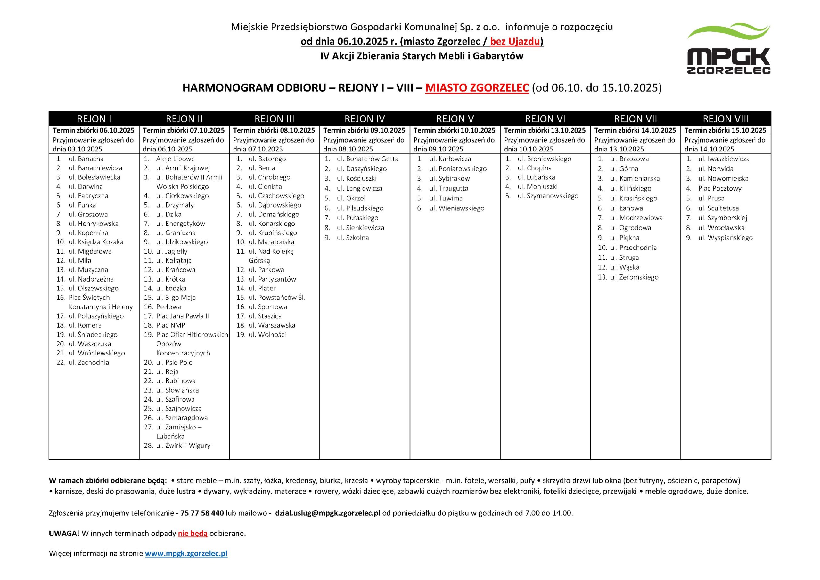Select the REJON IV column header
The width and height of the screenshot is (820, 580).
click(364, 119)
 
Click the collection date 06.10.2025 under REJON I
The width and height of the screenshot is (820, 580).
click(94, 130)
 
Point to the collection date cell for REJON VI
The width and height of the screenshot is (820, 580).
click(545, 130)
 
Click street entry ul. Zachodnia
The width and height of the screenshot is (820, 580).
click(89, 363)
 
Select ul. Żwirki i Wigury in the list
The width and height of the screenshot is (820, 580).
click(183, 446)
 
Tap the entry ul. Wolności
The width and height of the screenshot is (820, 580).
click(267, 335)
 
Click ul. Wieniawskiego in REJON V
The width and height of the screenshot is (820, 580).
click(457, 208)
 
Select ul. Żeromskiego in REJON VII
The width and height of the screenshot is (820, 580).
click(634, 277)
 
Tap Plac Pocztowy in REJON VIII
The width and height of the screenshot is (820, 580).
click(720, 189)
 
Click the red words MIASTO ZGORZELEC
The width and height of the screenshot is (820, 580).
click(477, 88)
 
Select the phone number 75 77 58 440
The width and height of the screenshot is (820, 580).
click(202, 513)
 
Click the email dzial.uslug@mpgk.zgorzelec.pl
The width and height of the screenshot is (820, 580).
click(327, 513)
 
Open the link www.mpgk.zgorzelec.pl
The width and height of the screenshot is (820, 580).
click(186, 553)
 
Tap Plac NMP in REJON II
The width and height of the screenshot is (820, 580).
click(170, 325)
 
